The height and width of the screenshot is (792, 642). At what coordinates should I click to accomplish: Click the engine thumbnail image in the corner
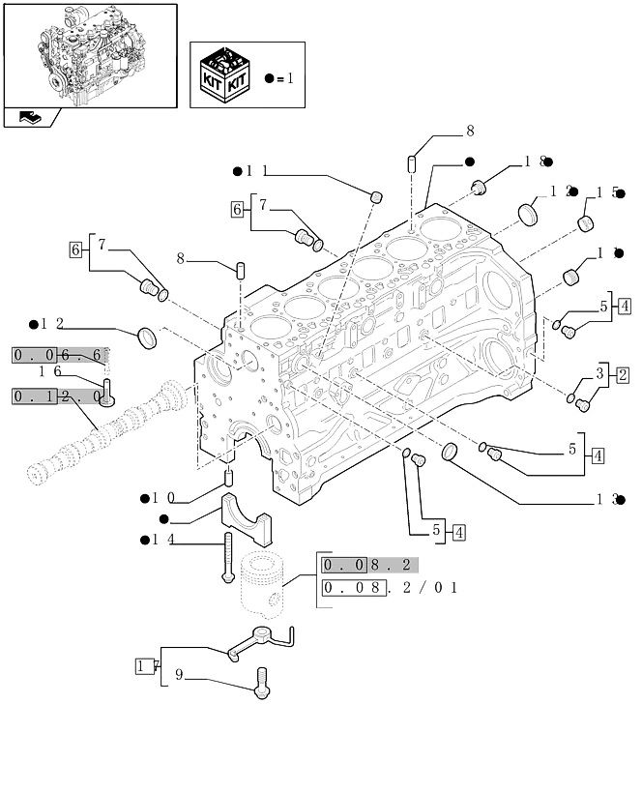90,56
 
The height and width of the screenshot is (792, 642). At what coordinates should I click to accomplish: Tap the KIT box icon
225,77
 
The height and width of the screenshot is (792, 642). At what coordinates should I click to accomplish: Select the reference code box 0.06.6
59,356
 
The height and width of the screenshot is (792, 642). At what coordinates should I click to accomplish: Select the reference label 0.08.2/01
389,588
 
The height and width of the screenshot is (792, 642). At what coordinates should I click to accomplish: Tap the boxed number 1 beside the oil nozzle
145,666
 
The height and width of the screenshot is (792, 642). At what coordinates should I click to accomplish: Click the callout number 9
179,676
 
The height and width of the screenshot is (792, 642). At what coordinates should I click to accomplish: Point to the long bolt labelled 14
228,561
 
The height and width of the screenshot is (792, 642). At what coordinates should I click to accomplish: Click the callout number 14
161,540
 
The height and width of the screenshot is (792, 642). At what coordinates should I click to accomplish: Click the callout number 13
605,500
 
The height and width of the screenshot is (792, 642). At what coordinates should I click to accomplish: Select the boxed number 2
622,375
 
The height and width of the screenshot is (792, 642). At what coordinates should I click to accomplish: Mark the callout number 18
538,161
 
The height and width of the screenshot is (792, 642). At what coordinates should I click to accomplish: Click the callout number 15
606,192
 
